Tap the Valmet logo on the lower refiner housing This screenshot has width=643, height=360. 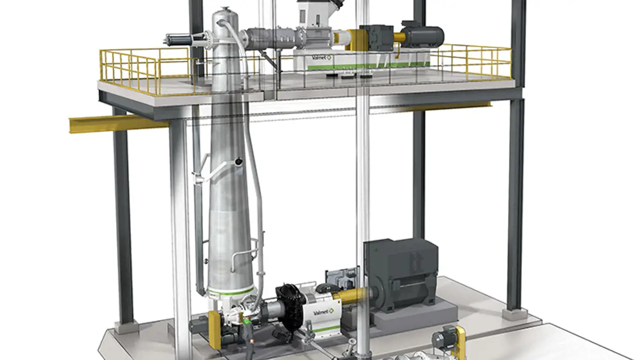point(323,312)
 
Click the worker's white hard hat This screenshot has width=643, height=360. point(246,317)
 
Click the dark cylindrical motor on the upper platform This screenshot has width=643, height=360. point(423,35)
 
